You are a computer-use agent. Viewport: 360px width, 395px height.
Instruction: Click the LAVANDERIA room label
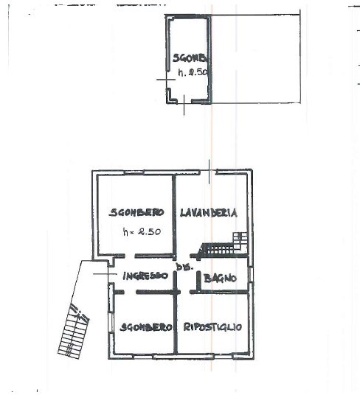click(209, 213)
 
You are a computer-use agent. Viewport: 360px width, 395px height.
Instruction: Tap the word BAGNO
click(221, 278)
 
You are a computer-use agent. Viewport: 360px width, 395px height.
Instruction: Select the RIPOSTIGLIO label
click(213, 326)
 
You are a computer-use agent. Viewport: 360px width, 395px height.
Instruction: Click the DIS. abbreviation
click(184, 268)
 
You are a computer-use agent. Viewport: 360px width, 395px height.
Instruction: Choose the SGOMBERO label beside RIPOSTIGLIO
click(146, 326)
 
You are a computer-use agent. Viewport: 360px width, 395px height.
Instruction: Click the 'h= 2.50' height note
click(142, 232)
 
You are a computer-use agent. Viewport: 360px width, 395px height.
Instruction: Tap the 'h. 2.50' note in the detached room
click(193, 74)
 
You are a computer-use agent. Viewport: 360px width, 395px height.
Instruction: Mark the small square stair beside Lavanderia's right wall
click(240, 239)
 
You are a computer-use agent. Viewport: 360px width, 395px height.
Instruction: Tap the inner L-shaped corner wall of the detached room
click(172, 94)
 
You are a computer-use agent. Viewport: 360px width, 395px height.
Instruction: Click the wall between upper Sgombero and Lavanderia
click(174, 214)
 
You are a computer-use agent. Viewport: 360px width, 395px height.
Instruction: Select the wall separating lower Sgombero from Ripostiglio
click(176, 324)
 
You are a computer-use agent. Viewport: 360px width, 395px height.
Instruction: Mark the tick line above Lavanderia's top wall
click(210, 167)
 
